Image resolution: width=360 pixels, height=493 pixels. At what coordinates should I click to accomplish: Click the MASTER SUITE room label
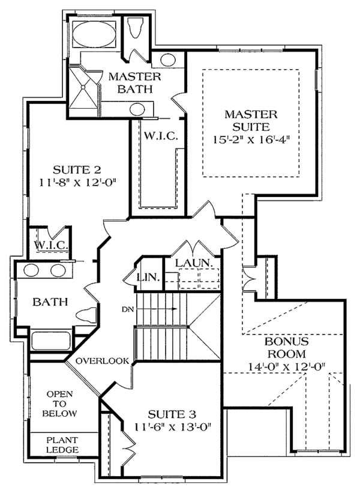click(251, 119)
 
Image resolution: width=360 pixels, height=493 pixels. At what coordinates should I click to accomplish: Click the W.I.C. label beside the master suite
click(160, 136)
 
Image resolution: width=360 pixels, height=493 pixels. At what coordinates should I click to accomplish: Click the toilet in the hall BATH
click(84, 314)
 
